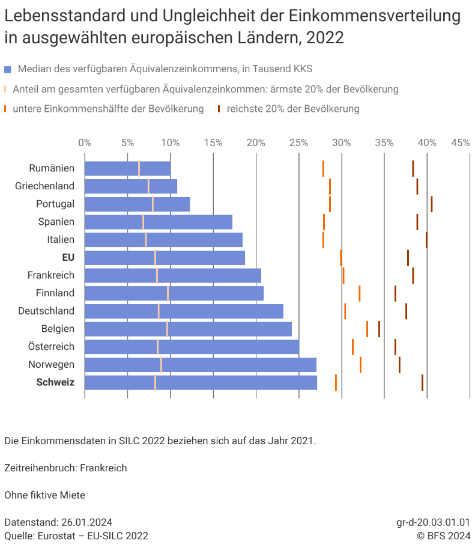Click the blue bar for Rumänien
tap(127, 169)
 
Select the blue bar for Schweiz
tap(201, 383)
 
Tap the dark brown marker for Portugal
tap(431, 204)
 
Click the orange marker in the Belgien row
tap(367, 329)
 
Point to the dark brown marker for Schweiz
tap(422, 383)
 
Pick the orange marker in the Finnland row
tap(359, 293)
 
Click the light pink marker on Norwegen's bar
tap(161, 365)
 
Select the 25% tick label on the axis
tap(298, 142)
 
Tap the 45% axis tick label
tap(461, 142)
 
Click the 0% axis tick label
tap(85, 142)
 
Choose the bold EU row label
tap(68, 257)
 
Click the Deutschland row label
tap(46, 311)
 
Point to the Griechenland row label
tap(44, 186)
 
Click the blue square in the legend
tap(7, 69)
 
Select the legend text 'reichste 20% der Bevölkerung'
tap(293, 109)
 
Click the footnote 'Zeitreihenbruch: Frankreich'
tap(65, 468)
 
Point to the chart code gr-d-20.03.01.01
tap(433, 522)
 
